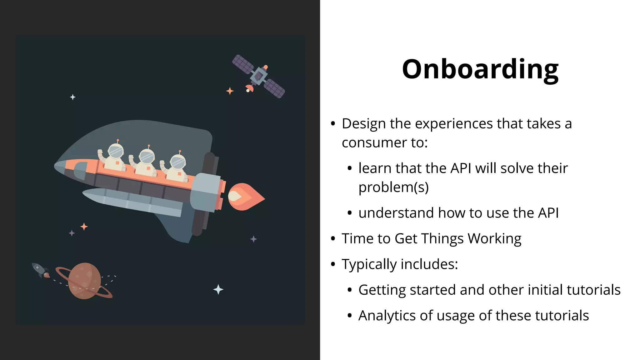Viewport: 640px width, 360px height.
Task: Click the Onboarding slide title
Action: tap(480, 69)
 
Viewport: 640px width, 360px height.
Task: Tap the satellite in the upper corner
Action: tap(258, 76)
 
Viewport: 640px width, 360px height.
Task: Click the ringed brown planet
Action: tap(84, 281)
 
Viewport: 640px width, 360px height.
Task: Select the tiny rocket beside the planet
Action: tap(40, 270)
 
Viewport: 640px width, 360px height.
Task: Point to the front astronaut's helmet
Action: tap(116, 152)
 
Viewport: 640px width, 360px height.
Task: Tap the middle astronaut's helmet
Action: tap(147, 157)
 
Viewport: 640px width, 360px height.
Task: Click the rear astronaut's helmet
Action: tap(178, 162)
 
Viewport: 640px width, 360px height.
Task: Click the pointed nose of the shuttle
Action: tap(58, 166)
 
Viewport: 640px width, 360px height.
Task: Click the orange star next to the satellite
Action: tap(230, 91)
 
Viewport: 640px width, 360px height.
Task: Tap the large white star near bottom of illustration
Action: tap(218, 290)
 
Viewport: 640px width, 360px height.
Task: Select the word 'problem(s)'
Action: tap(393, 187)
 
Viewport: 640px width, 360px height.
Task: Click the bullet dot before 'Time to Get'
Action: tap(333, 239)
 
